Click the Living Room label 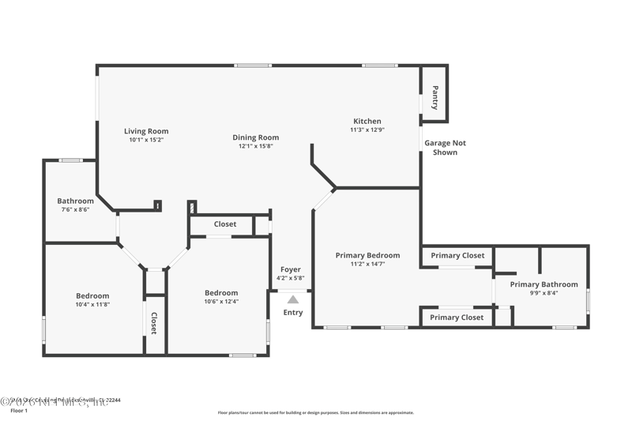[x=146, y=131]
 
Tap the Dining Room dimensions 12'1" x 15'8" [x=255, y=146]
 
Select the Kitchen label [x=367, y=121]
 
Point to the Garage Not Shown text [x=445, y=148]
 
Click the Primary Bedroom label [x=367, y=255]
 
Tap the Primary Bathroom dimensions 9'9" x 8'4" [x=544, y=293]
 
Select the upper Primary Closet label [x=457, y=255]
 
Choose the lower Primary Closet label [x=456, y=318]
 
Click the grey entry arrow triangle [x=293, y=299]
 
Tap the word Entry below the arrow [x=293, y=312]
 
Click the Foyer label [x=291, y=269]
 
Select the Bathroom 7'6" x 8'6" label [x=75, y=201]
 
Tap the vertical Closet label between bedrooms [x=155, y=323]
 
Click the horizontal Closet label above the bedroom [x=225, y=224]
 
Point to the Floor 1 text [x=18, y=411]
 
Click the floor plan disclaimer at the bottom [x=316, y=412]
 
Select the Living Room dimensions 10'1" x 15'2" [x=146, y=140]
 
